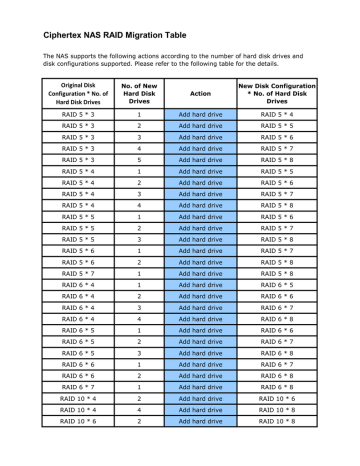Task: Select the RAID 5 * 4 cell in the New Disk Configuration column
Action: coord(290,116)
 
